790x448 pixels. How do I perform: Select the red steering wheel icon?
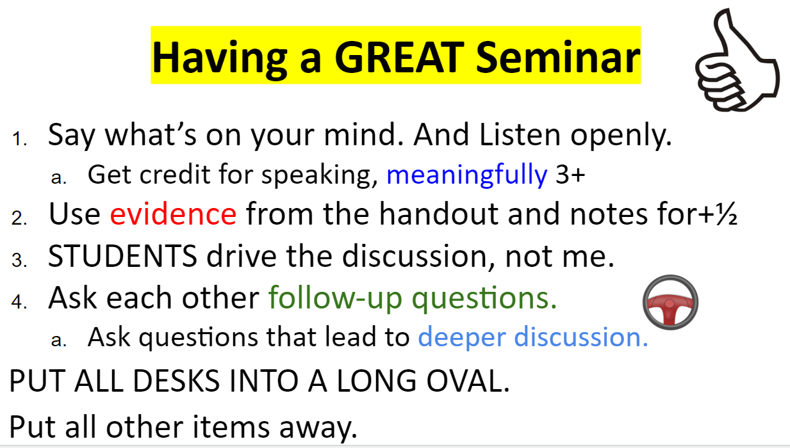pos(670,301)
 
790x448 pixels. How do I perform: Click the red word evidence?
pos(173,215)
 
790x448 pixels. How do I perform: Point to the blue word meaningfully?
pos(466,175)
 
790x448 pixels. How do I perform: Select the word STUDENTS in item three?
pos(122,257)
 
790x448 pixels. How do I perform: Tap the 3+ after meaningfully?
pos(570,175)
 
